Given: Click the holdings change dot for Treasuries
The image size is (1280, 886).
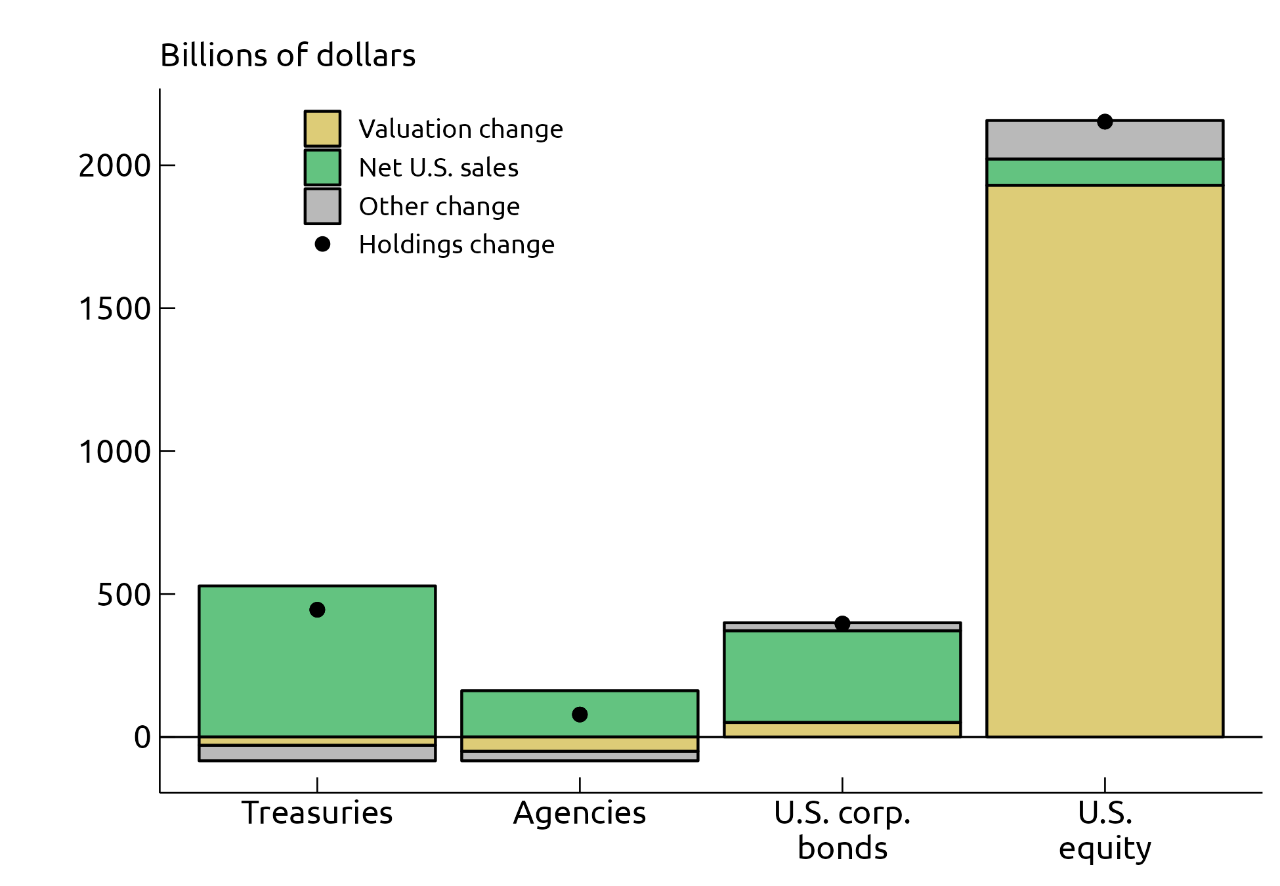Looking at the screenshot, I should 317,610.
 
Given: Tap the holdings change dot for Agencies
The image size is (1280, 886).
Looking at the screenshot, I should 580,714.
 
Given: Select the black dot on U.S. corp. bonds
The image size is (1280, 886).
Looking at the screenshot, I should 842,623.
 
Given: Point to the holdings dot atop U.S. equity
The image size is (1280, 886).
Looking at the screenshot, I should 1105,121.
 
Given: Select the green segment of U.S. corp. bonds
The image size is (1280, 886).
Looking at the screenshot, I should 842,676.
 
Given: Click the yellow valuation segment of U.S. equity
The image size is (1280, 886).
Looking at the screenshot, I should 1105,459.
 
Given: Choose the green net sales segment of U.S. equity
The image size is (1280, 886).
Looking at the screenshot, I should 1105,172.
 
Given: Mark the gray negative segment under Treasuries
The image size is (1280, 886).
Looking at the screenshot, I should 317,753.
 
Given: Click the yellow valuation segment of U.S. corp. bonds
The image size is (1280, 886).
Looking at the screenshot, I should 842,729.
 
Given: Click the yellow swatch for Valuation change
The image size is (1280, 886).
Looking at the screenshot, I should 322,129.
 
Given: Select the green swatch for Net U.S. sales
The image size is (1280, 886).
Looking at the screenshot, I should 322,167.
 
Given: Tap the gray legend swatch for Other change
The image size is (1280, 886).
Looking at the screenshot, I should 322,206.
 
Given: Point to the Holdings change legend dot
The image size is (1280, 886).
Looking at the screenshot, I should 322,244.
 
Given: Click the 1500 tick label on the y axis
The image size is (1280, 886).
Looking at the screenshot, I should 115,308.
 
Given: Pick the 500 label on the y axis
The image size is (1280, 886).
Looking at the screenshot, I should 124,595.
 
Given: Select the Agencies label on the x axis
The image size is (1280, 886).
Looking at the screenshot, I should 580,813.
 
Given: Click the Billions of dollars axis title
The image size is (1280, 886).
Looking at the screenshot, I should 288,55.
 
